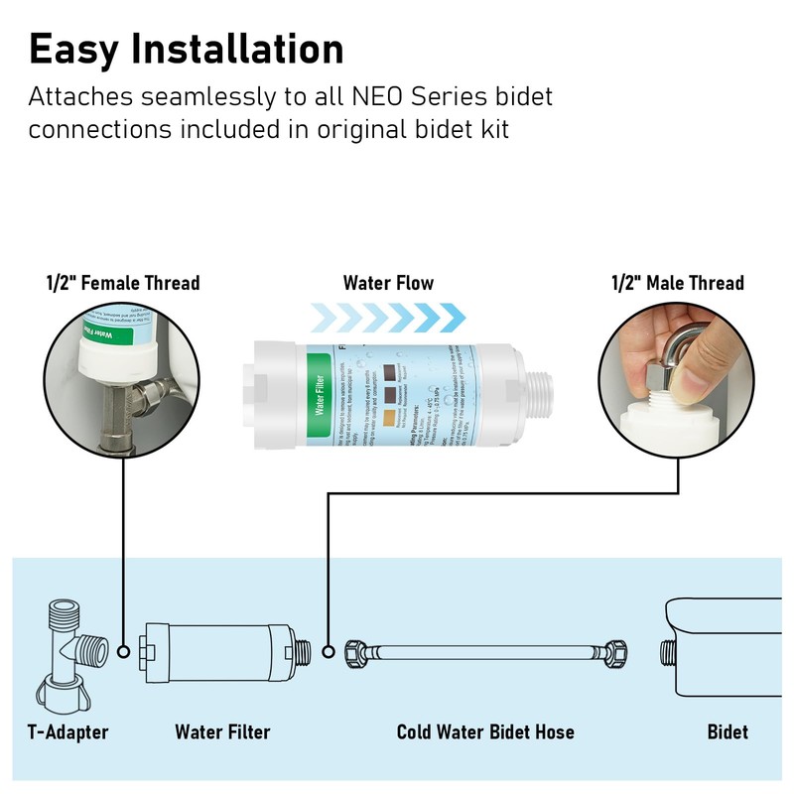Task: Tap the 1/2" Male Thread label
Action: click(678, 284)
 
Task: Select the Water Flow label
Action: click(388, 284)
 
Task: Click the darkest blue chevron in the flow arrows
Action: click(453, 317)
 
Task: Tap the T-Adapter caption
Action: click(67, 732)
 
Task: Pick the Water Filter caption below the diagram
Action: click(222, 732)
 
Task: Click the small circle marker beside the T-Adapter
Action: click(123, 652)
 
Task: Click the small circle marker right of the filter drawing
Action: click(329, 652)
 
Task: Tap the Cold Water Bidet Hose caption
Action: click(485, 732)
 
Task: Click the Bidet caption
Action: click(728, 732)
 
